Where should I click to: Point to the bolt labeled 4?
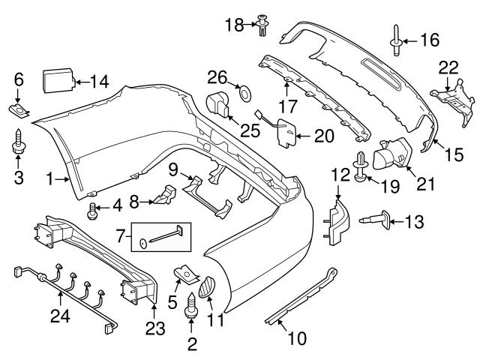(94, 212)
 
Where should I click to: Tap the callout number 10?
(297, 338)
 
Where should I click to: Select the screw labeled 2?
(190, 306)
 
